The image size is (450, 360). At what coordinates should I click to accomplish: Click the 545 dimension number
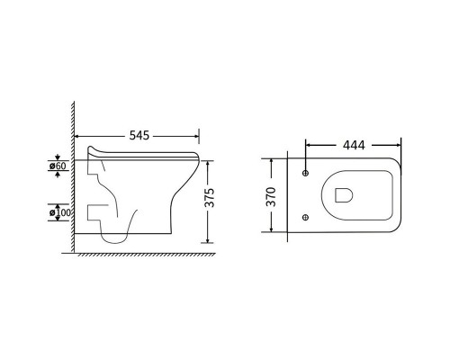coord(139,136)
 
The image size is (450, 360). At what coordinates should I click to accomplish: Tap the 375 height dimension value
coord(210,198)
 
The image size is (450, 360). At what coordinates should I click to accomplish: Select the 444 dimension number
coord(354,145)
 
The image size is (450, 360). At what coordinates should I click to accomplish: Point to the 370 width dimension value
coord(271,197)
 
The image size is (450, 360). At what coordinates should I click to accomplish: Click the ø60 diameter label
coord(58,166)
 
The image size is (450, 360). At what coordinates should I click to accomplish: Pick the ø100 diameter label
coord(60,212)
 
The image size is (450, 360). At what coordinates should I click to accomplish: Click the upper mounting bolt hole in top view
coord(306,173)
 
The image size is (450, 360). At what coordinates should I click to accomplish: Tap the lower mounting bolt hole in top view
coord(306,217)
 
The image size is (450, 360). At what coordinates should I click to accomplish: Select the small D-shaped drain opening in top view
coord(344,195)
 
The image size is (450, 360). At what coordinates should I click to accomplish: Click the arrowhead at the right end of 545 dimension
coord(196,136)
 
